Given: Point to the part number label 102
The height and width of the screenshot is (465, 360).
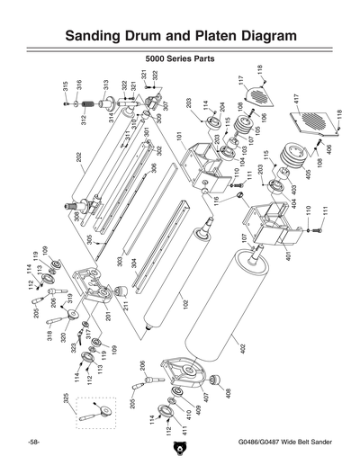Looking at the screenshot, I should [x=185, y=305].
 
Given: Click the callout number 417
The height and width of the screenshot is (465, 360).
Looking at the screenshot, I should [x=296, y=97].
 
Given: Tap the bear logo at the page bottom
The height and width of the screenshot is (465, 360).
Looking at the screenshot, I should [x=179, y=451].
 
